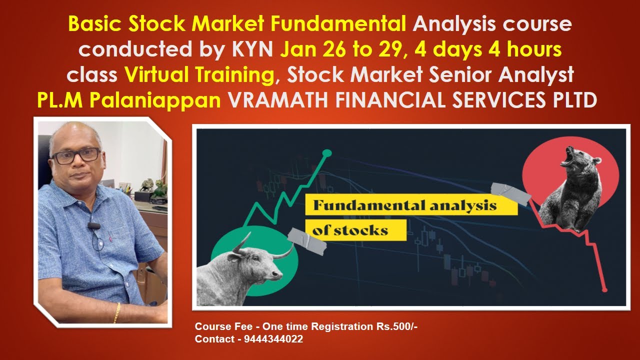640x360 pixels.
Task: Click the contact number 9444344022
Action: [273, 339]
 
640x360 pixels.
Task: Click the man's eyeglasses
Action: [76, 155]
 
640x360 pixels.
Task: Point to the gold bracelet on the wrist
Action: [117, 312]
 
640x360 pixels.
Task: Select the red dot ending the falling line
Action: [604, 289]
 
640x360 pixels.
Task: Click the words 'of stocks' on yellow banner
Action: [350, 231]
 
